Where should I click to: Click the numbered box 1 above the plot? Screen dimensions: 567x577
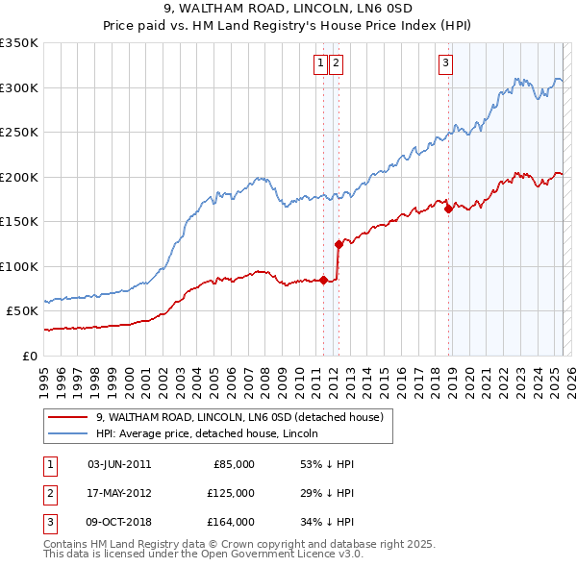(319, 64)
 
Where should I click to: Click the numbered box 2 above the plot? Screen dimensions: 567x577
(337, 64)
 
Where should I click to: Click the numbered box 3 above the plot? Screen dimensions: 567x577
(446, 64)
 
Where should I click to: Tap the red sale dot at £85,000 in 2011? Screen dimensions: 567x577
(323, 280)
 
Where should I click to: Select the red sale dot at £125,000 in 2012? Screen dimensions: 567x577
(339, 244)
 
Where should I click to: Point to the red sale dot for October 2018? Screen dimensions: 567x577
(448, 209)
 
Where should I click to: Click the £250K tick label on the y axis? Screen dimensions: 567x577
(19, 133)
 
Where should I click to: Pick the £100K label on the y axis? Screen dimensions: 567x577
(19, 266)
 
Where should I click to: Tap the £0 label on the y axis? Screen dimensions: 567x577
(29, 356)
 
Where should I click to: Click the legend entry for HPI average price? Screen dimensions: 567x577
(213, 433)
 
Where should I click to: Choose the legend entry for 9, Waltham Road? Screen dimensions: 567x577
(239, 417)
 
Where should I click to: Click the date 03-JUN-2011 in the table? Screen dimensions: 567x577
(119, 464)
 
